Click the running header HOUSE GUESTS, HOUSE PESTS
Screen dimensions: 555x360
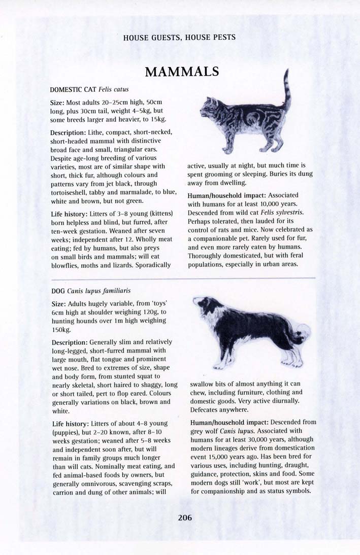click(x=179, y=38)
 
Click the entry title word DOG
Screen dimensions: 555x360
click(x=58, y=291)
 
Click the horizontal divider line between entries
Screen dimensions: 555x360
click(x=183, y=278)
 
